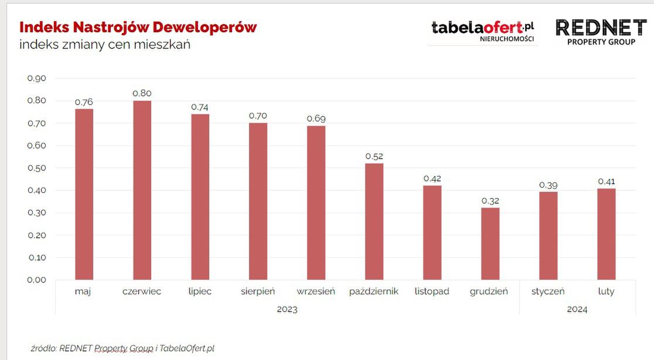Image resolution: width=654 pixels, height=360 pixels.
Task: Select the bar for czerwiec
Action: [x=142, y=190]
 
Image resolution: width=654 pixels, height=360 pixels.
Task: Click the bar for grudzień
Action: [x=490, y=243]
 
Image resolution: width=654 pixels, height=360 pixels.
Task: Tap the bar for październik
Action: [x=374, y=221]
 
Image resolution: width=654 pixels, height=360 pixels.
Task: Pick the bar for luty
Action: [x=607, y=233]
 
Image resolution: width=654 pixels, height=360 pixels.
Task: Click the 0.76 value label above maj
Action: [x=84, y=102]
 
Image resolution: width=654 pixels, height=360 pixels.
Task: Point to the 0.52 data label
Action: [x=374, y=157]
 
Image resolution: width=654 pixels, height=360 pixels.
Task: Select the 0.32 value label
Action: [x=490, y=201]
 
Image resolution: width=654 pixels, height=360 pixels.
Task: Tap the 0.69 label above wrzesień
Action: [x=316, y=118]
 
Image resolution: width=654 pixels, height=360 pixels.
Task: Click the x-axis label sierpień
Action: [x=258, y=291]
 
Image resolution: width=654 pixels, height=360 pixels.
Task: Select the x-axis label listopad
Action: [x=432, y=291]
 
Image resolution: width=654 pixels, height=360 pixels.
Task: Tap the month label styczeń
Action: [x=548, y=291]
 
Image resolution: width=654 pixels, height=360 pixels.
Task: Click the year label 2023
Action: [x=287, y=309]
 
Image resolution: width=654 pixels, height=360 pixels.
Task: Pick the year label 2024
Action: [x=577, y=309]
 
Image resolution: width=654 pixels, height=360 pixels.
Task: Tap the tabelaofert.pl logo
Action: [x=483, y=30]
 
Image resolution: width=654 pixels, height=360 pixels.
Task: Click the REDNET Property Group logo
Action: [x=601, y=32]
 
